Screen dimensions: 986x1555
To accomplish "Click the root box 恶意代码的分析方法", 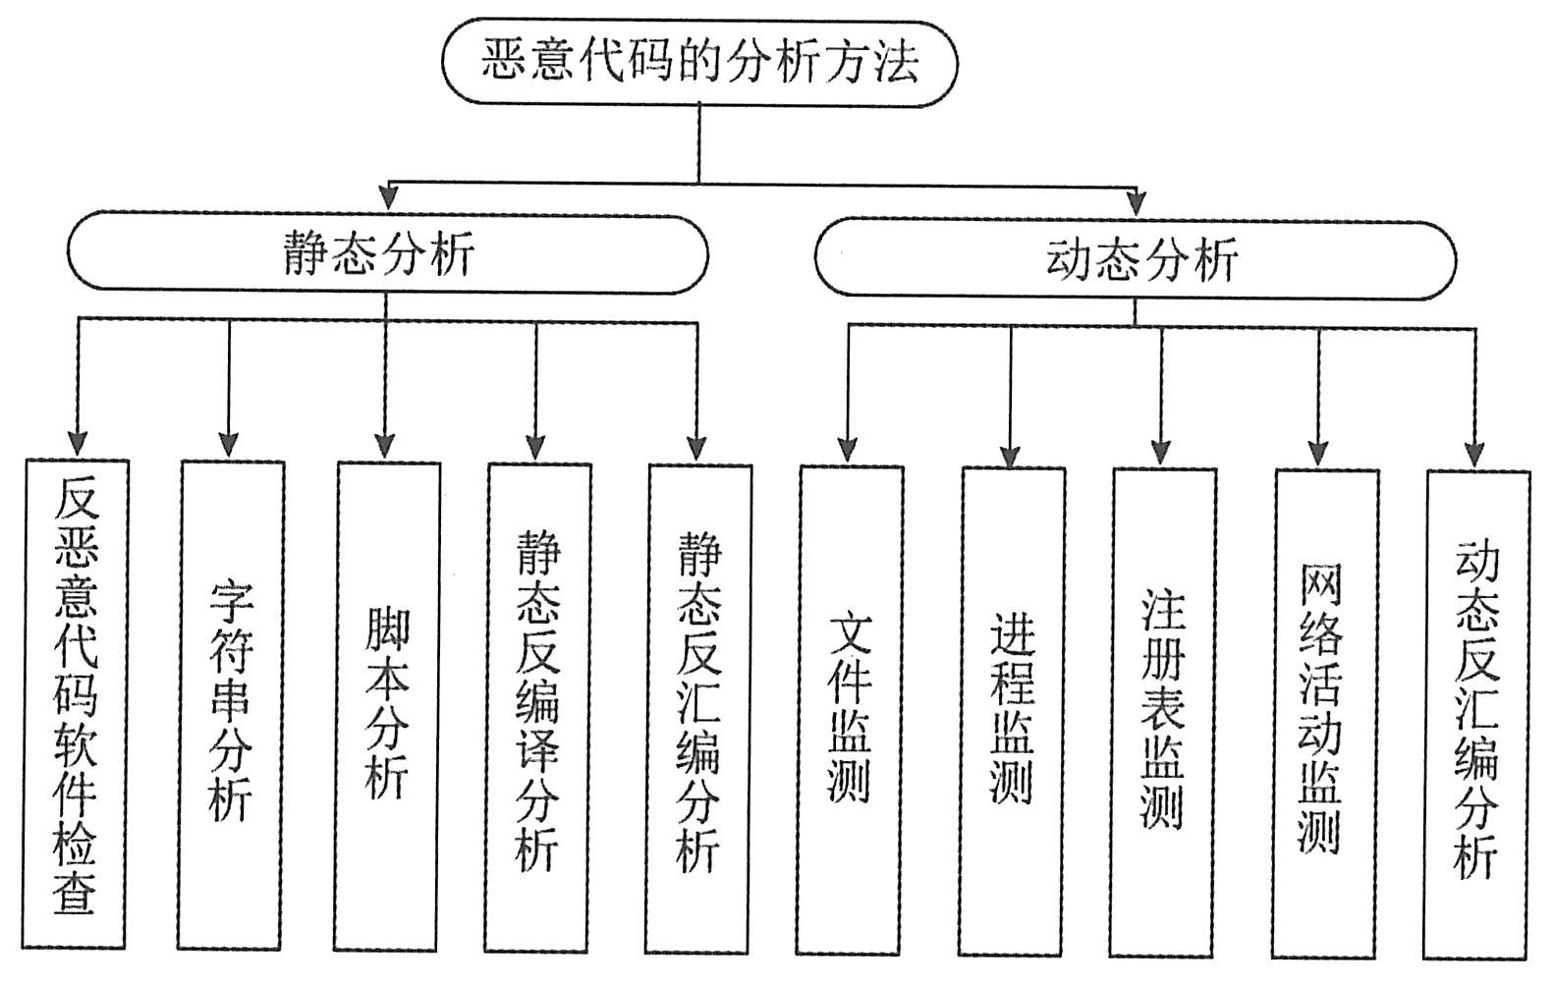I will [698, 63].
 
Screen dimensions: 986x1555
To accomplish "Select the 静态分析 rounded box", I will [386, 253].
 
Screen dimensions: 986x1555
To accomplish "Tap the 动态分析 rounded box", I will [1135, 259].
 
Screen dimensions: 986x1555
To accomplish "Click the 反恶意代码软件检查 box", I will [77, 703].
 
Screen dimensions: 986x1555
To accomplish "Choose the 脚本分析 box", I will [387, 705].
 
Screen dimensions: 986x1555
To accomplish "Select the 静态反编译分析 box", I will [539, 706].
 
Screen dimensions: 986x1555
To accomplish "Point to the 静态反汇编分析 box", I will [699, 707].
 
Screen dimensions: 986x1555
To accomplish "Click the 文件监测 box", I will [851, 708].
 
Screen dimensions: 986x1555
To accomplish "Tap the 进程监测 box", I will [1013, 710].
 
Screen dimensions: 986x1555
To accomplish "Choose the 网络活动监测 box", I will [1326, 712].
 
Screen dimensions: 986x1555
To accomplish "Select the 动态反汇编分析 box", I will [1477, 713].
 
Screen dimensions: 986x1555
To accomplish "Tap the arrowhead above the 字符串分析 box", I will [229, 445].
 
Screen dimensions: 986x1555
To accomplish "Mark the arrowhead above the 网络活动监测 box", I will [1319, 454].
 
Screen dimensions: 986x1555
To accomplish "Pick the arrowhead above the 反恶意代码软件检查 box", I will [78, 444].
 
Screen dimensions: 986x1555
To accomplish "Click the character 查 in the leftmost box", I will [77, 896].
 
